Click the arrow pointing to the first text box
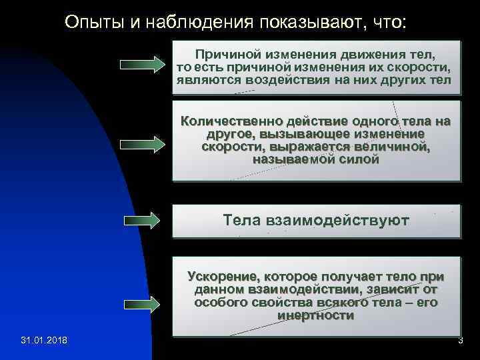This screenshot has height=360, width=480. pyautogui.click(x=141, y=65)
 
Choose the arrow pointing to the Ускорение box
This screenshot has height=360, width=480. pyautogui.click(x=141, y=304)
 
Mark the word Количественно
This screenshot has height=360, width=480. pyautogui.click(x=231, y=121)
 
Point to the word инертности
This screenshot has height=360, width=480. pyautogui.click(x=316, y=315)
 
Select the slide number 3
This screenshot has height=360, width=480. pyautogui.click(x=460, y=341)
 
